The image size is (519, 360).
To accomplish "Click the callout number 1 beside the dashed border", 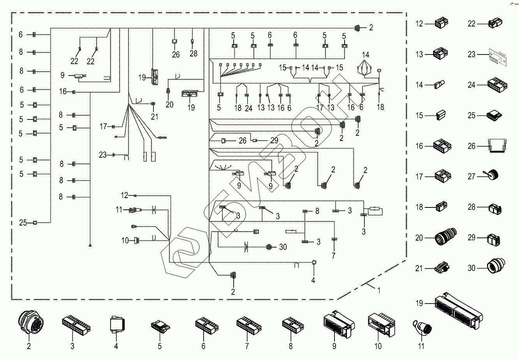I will tap(378, 290).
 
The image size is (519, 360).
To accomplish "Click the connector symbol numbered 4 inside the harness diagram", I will tap(313, 263).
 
